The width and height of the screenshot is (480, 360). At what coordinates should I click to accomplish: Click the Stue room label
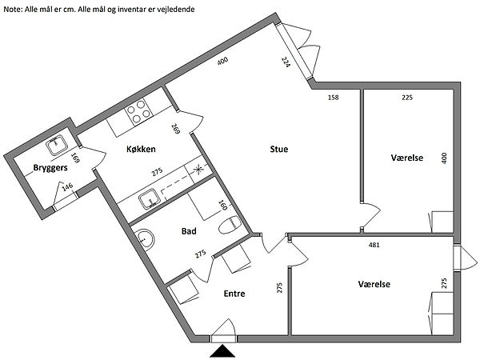[x=278, y=148]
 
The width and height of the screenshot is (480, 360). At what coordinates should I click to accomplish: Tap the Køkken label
[x=140, y=150]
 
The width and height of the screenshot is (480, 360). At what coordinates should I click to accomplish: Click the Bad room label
[x=189, y=231]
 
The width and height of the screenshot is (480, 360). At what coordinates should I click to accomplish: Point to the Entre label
[x=234, y=294]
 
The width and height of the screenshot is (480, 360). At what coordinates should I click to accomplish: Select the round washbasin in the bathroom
[x=143, y=239]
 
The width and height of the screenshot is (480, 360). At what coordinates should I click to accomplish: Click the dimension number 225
[x=406, y=98]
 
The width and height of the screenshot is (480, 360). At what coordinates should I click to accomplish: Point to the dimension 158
[x=333, y=98]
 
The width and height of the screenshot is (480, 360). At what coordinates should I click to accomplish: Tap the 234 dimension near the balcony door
[x=286, y=63]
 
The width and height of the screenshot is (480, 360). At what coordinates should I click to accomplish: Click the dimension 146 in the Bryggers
[x=68, y=190]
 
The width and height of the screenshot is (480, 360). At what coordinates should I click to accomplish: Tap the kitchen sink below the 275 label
[x=148, y=198]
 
